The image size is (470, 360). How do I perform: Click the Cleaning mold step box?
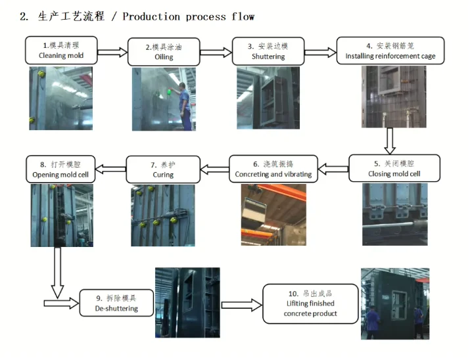(x=61, y=51)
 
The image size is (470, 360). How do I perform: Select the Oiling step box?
(x=164, y=52)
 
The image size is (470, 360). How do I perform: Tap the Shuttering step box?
(x=268, y=51)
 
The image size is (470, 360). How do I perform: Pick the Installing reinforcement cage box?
(x=390, y=51)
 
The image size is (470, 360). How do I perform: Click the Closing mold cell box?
(x=393, y=168)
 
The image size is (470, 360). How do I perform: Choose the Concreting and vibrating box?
(x=273, y=169)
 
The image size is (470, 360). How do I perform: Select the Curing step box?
(x=163, y=169)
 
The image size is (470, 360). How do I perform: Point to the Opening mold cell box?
(x=60, y=169)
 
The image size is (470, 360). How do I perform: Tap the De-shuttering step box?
(x=116, y=303)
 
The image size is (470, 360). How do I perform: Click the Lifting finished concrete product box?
(x=310, y=304)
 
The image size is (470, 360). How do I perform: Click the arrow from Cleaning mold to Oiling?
(x=112, y=52)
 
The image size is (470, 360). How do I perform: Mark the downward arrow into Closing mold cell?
(x=389, y=140)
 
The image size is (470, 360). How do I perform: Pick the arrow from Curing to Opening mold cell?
(x=110, y=169)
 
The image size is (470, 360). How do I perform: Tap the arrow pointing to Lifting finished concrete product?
(x=241, y=304)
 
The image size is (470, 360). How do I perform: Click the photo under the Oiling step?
(x=163, y=99)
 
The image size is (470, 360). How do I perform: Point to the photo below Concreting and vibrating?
(x=273, y=214)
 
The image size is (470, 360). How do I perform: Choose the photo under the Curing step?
(x=163, y=215)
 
